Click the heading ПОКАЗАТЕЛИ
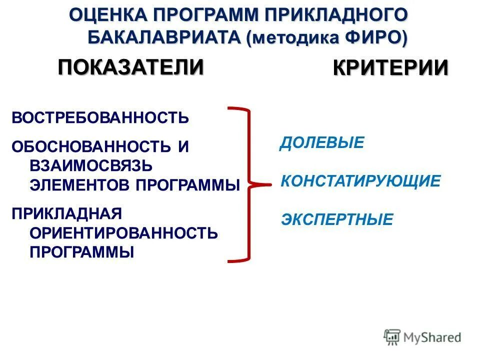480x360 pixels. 131,67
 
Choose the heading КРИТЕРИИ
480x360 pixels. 390,68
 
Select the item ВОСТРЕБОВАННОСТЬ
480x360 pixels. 100,118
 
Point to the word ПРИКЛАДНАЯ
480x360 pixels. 67,213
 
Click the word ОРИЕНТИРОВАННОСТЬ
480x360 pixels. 124,232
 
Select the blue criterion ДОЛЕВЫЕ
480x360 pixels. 321,143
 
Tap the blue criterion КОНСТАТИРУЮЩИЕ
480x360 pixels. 360,181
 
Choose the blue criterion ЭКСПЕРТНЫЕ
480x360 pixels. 337,219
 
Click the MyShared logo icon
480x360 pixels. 392,337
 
